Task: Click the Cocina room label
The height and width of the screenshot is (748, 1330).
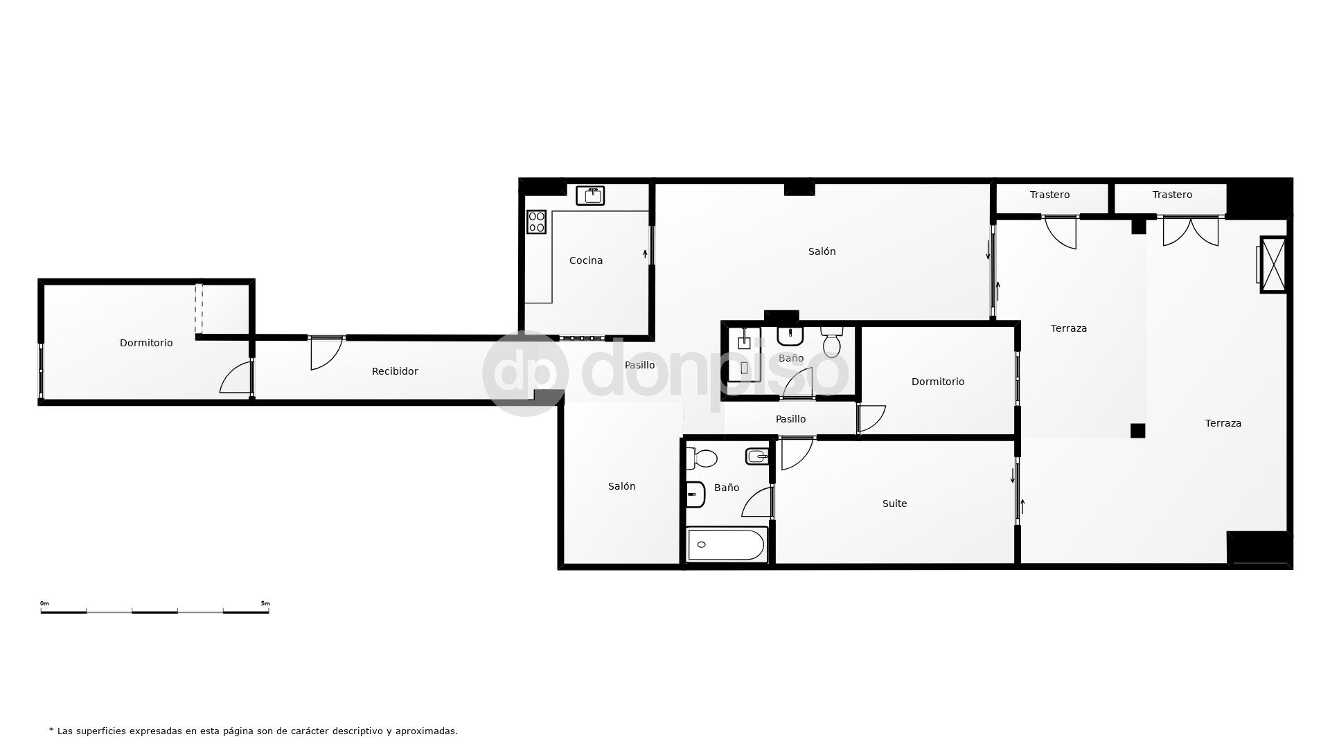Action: (x=585, y=260)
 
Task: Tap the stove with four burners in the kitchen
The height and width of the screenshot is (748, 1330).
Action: (x=536, y=222)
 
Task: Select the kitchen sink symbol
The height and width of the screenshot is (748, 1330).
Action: (x=590, y=195)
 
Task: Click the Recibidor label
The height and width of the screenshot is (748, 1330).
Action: (x=395, y=371)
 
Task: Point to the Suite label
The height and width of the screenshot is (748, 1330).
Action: (x=894, y=504)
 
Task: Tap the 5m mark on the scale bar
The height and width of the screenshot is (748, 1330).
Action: (x=265, y=604)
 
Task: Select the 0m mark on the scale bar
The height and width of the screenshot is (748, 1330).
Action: (x=44, y=604)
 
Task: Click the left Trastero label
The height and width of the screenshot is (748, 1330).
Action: (x=1049, y=195)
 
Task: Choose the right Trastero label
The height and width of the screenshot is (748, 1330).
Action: (x=1172, y=195)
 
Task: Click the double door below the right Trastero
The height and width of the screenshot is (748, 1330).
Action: (x=1190, y=231)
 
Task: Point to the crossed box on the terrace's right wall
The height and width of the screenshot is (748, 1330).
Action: (x=1273, y=265)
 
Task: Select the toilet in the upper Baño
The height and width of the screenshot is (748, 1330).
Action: (x=831, y=341)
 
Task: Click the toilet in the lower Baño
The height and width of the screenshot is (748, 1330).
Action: (x=702, y=458)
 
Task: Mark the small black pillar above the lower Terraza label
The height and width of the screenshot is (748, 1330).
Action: (x=1137, y=431)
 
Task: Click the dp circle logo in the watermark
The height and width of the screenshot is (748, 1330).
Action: (x=525, y=374)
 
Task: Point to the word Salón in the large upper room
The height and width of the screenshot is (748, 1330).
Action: (x=822, y=251)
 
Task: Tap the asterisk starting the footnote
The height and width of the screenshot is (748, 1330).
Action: (x=51, y=730)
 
